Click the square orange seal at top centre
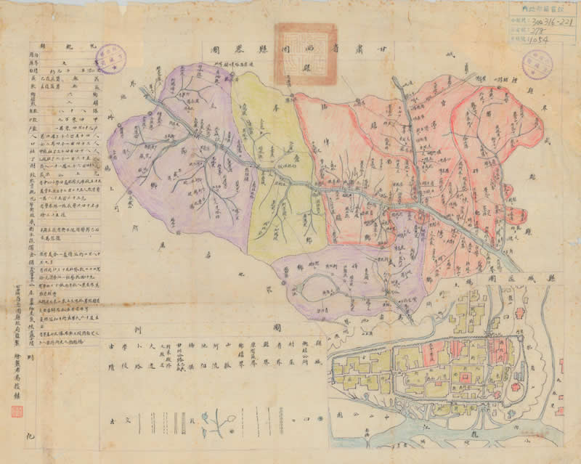pos(305,53)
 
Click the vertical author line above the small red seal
pos(16,363)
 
